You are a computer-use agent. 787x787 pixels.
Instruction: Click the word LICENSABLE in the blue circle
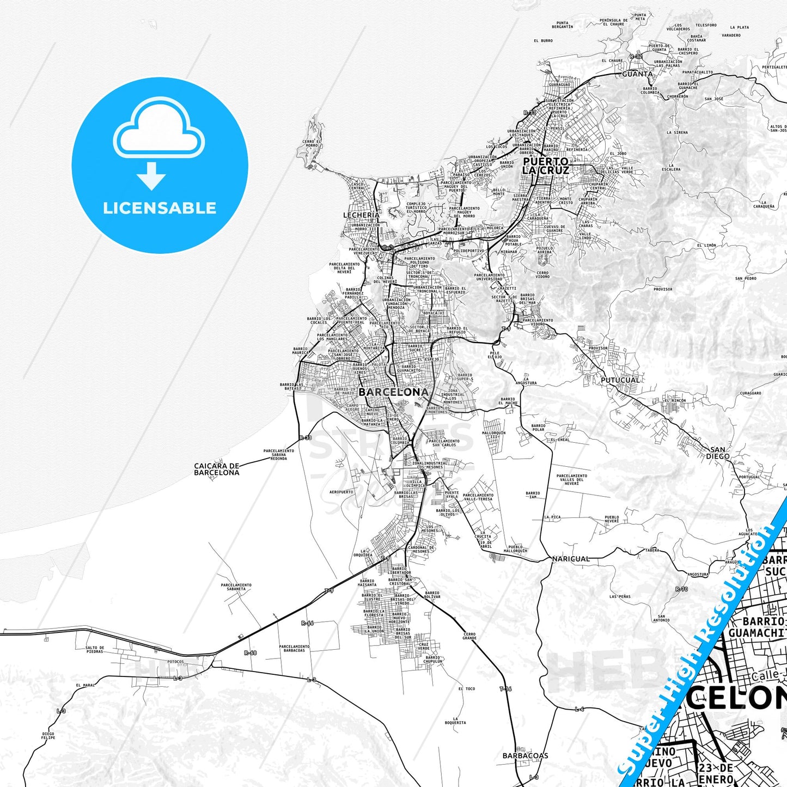[x=160, y=208]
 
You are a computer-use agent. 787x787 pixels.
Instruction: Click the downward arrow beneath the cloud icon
[x=151, y=176]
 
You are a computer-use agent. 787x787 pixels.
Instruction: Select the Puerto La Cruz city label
[x=546, y=166]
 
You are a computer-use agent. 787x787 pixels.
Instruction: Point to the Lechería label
[x=361, y=215]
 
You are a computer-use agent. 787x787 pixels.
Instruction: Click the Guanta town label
[x=637, y=74]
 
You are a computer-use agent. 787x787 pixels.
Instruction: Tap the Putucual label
[x=620, y=380]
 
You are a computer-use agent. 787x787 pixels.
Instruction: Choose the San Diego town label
[x=718, y=453]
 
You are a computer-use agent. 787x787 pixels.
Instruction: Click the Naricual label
[x=571, y=559]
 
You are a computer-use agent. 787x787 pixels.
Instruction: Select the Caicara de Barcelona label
[x=217, y=469]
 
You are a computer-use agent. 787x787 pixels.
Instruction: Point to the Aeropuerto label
[x=341, y=492]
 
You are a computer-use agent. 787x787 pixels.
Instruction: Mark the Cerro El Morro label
[x=312, y=143]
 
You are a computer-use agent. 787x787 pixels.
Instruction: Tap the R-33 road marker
[x=306, y=438]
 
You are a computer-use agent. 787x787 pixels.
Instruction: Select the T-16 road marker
[x=505, y=689]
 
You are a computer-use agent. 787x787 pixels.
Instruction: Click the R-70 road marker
[x=681, y=589]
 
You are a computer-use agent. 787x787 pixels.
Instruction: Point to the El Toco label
[x=467, y=689]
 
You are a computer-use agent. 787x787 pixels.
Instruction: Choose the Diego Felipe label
[x=48, y=735]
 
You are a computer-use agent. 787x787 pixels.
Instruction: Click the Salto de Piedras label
[x=95, y=650]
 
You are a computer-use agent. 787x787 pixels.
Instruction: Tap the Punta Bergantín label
[x=562, y=25]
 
